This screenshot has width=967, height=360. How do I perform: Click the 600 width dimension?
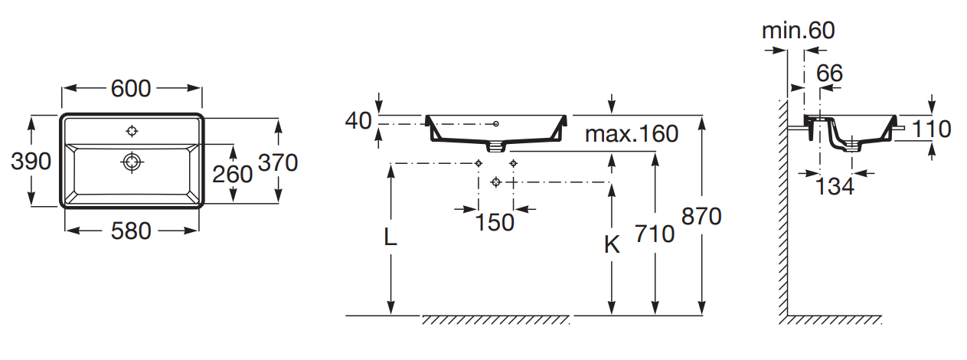tap(131, 89)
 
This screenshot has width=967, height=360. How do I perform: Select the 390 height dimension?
tap(31, 162)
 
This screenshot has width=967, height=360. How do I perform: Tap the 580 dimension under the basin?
tap(131, 231)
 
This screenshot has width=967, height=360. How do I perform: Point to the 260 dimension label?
tap(232, 175)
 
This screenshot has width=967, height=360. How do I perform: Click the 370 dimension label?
tap(278, 162)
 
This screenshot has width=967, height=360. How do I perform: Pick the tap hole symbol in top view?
tap(132, 130)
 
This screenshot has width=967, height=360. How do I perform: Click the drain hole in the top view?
tap(132, 162)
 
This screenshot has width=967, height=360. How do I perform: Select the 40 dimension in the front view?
tap(358, 121)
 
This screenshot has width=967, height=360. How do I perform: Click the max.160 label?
tap(632, 134)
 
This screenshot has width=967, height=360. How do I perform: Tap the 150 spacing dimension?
tap(495, 223)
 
